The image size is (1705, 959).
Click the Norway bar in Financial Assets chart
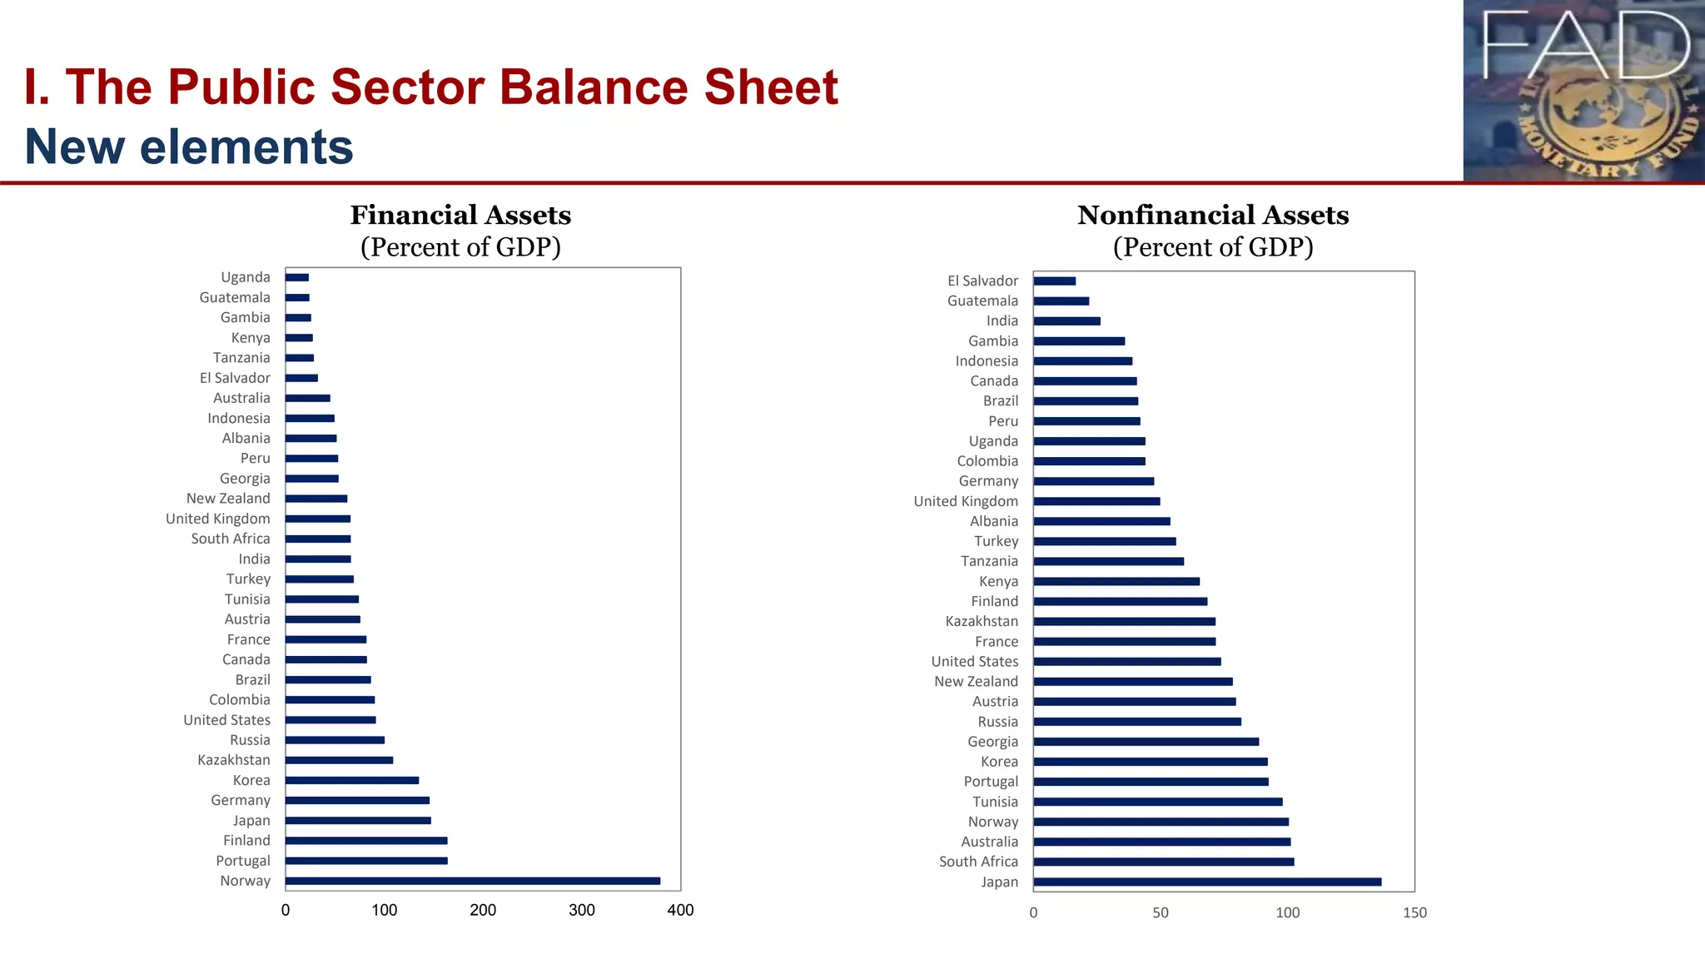tap(472, 881)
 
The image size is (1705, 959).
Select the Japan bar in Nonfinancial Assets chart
tap(1207, 882)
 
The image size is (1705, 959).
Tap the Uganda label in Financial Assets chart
tap(245, 277)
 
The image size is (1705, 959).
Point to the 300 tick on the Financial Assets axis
tap(581, 911)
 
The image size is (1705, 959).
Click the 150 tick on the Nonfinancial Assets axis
tap(1414, 913)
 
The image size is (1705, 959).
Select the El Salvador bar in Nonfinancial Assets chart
tap(1054, 281)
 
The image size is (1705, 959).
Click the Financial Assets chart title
tap(460, 216)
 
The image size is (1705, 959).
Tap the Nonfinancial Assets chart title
tap(1212, 216)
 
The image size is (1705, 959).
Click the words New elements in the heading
tap(189, 147)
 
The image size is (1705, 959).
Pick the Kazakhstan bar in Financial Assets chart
tap(339, 760)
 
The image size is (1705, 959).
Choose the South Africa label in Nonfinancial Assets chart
tap(978, 862)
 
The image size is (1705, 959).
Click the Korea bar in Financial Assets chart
tap(351, 780)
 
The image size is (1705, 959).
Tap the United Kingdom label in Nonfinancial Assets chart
tap(965, 501)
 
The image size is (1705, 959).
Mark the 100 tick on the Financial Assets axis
tap(384, 911)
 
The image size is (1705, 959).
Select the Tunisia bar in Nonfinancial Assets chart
tap(1157, 802)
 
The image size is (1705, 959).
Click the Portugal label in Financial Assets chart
tap(242, 861)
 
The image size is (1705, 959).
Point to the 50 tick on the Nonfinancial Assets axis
tap(1160, 913)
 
